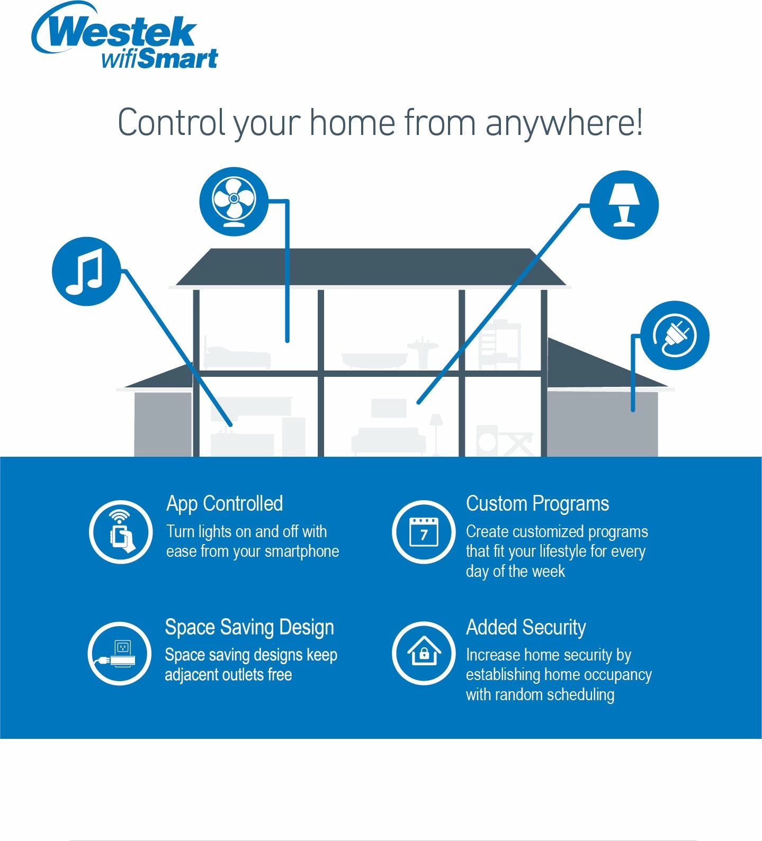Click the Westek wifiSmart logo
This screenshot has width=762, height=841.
coord(125,36)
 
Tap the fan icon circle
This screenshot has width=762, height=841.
coord(234,201)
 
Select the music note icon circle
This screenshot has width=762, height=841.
coord(86,271)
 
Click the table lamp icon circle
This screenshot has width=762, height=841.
coord(624,205)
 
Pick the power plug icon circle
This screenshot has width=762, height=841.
coord(675,336)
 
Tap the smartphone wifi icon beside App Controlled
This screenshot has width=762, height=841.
coord(121,532)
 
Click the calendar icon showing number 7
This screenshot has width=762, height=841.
coord(424,532)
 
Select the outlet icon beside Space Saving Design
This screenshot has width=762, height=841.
coord(120,654)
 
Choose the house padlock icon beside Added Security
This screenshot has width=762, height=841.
coord(424,654)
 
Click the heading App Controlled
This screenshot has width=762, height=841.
coord(225,504)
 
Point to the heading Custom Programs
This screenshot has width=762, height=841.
coord(537,504)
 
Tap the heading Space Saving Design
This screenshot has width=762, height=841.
coord(249,627)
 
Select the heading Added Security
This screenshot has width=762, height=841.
coord(526,627)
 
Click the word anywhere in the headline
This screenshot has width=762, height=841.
coord(564,123)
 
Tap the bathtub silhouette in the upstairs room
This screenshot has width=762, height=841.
coord(374,360)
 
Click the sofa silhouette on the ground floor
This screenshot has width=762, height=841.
coord(389,440)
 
